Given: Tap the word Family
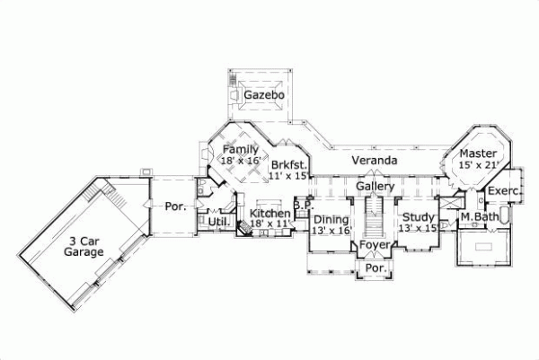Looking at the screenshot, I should (x=241, y=149).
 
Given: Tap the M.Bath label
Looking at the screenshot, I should (x=479, y=217).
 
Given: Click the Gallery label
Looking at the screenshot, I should (x=376, y=186).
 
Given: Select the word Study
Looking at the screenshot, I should (x=418, y=217).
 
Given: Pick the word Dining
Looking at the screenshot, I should (x=331, y=219).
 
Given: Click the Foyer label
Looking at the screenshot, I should (x=374, y=245).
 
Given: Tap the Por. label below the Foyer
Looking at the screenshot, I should (x=374, y=268).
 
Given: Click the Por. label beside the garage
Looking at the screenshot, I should (x=175, y=206).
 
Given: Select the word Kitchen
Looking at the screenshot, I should (x=269, y=214).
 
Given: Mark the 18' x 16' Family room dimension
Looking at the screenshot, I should (x=240, y=160).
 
